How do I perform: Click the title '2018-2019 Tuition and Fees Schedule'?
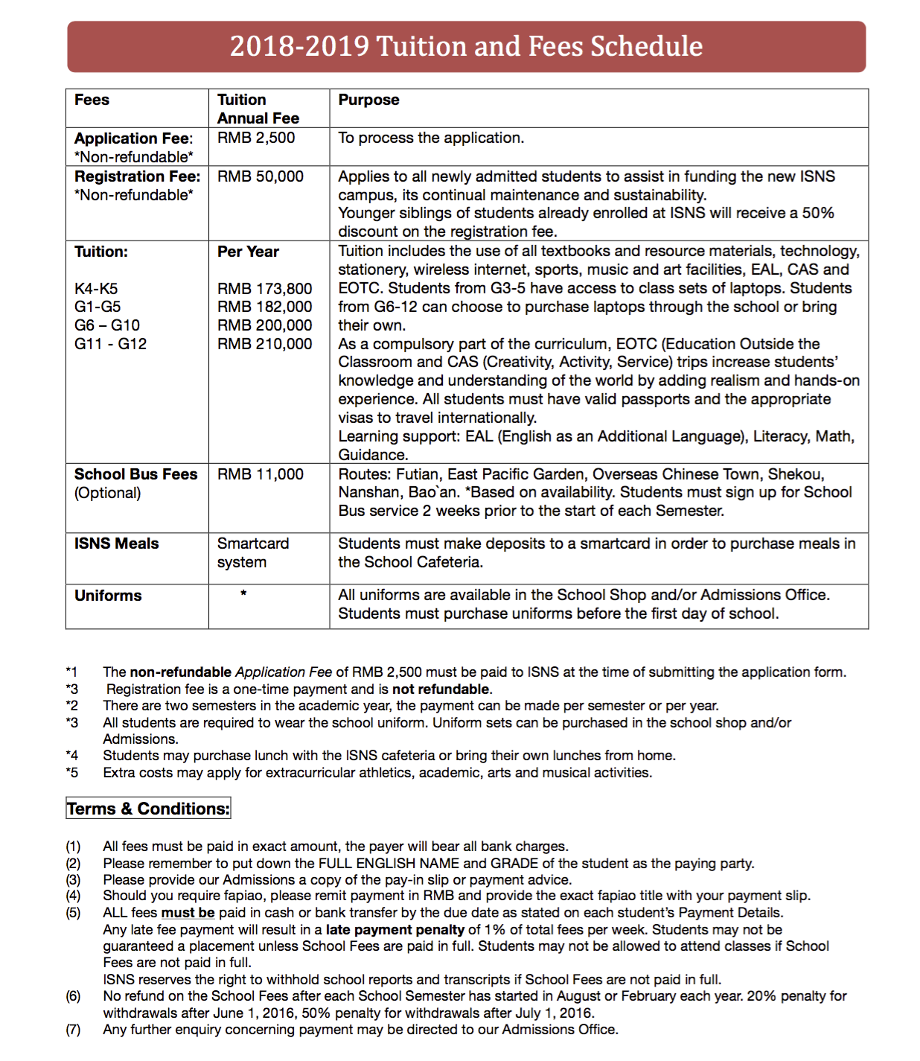pyautogui.click(x=466, y=46)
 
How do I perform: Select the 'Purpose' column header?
pyautogui.click(x=368, y=100)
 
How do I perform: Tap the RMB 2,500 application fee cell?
pyautogui.click(x=256, y=138)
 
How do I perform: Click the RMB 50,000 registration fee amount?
pyautogui.click(x=261, y=176)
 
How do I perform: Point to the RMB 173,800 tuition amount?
pyautogui.click(x=264, y=288)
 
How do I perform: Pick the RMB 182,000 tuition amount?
pyautogui.click(x=264, y=307)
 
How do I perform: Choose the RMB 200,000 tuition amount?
pyautogui.click(x=264, y=325)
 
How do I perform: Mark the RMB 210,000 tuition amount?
pyautogui.click(x=264, y=344)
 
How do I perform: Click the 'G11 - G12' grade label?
pyautogui.click(x=110, y=344)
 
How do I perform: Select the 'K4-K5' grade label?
pyautogui.click(x=96, y=288)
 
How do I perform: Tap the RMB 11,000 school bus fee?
pyautogui.click(x=261, y=474)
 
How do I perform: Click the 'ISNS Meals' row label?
pyautogui.click(x=116, y=544)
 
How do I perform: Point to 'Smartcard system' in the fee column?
pyautogui.click(x=252, y=552)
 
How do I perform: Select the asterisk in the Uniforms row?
pyautogui.click(x=243, y=594)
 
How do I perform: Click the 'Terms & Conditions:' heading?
pyautogui.click(x=148, y=809)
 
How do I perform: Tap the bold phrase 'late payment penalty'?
pyautogui.click(x=394, y=930)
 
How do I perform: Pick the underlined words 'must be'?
pyautogui.click(x=188, y=913)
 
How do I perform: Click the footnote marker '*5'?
pyautogui.click(x=71, y=773)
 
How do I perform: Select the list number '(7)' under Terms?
pyautogui.click(x=73, y=1030)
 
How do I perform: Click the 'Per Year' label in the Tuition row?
pyautogui.click(x=248, y=252)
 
